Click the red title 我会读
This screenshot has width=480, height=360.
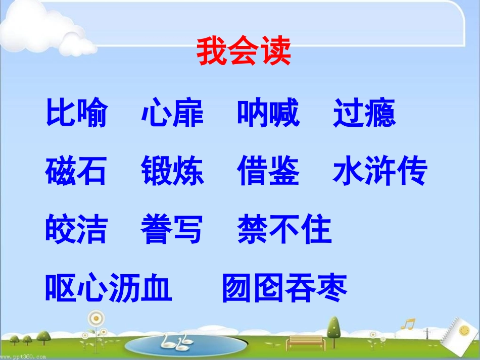(244, 52)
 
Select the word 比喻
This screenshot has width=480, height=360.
(76, 114)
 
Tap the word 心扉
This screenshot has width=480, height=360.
(172, 114)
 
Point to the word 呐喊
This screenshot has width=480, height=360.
(268, 114)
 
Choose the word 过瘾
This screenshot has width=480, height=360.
(364, 114)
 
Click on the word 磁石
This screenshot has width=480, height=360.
(76, 172)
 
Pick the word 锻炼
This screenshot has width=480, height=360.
(172, 172)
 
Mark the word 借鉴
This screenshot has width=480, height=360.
(268, 172)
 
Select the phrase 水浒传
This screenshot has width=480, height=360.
(380, 172)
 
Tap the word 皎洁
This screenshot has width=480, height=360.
(76, 230)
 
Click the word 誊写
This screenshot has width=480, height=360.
(172, 230)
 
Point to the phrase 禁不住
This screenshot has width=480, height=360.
(284, 230)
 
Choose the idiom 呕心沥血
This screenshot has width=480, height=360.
(109, 288)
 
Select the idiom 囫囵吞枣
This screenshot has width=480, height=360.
(285, 288)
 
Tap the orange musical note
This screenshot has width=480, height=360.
(407, 323)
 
